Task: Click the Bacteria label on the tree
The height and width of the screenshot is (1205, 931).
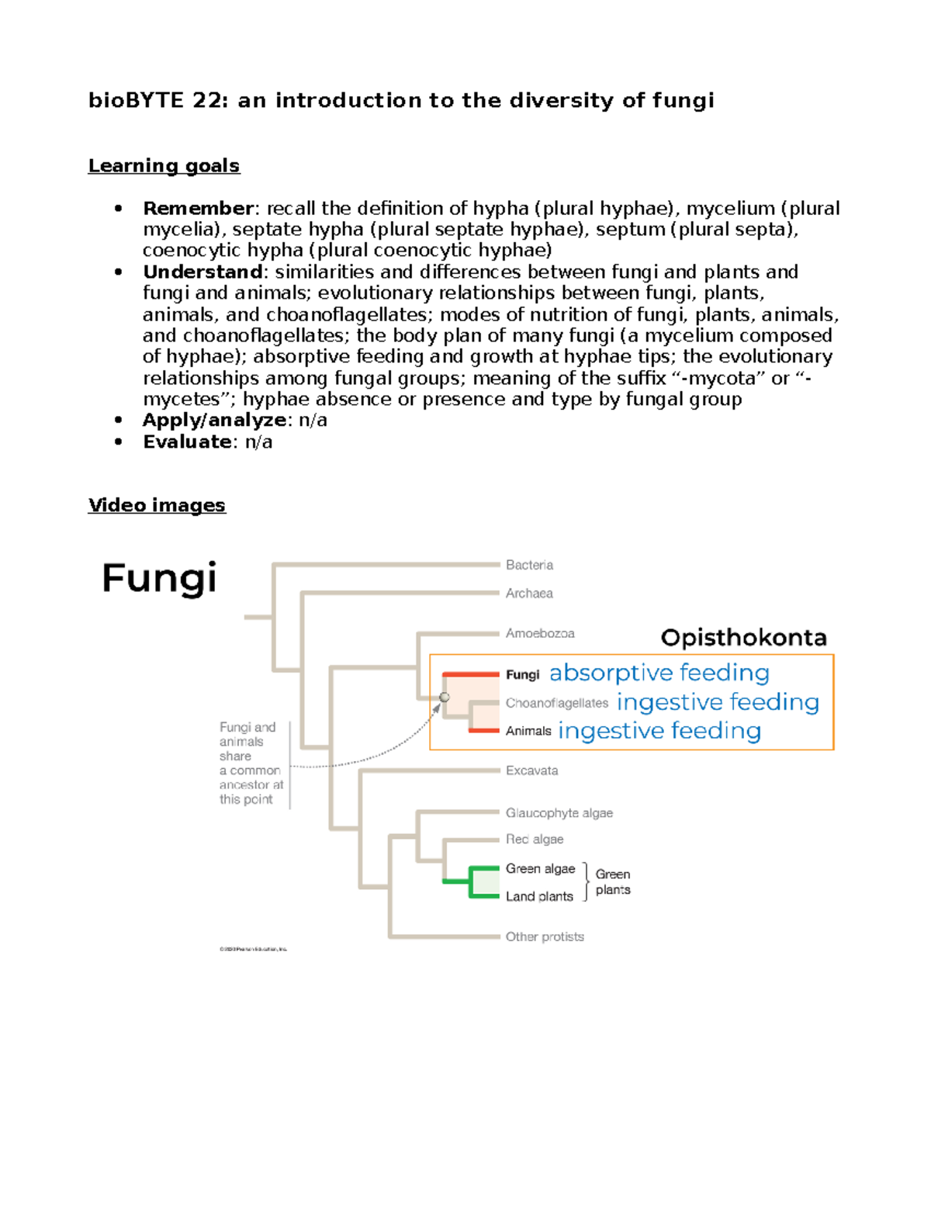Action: pos(529,565)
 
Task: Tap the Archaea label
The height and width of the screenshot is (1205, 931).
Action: pos(529,594)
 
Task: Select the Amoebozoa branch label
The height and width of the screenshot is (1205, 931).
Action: pos(540,633)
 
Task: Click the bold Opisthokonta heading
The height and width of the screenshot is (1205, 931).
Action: pos(743,638)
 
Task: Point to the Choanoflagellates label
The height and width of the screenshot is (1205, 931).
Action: pos(557,703)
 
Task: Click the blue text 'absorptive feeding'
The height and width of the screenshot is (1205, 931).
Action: pos(659,673)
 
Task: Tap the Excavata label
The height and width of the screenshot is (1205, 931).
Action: pos(531,770)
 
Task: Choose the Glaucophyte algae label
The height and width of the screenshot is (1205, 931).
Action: pos(559,813)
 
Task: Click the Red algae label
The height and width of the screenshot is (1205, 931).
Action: pos(535,840)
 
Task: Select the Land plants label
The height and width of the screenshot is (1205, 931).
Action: pos(539,896)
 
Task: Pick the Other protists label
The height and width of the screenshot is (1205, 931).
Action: pos(545,937)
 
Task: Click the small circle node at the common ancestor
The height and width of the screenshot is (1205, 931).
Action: pos(445,698)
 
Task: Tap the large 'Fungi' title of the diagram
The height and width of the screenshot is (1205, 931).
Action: pos(159,579)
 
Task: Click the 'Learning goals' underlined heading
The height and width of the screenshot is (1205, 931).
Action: pos(164,166)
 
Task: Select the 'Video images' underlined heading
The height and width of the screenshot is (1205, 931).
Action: pos(157,505)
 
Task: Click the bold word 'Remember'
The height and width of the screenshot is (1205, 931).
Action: pos(198,209)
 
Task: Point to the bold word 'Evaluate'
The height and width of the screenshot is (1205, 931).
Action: pos(187,442)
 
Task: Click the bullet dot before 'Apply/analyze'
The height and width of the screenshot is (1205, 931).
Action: pos(118,421)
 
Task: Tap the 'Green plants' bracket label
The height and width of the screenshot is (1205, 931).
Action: pos(613,882)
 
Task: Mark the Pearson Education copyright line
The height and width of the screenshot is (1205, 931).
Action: pos(253,949)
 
